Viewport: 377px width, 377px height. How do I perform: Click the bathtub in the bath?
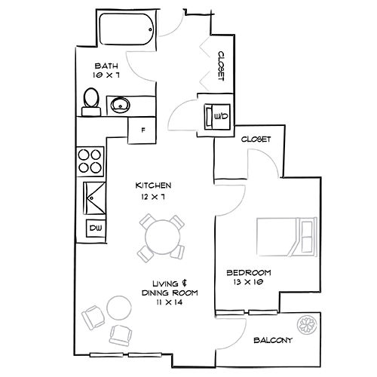click(x=125, y=29)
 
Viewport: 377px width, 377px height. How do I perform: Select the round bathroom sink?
click(x=121, y=105)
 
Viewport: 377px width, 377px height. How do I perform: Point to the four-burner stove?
click(x=90, y=160)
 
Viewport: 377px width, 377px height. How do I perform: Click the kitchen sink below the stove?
click(x=94, y=198)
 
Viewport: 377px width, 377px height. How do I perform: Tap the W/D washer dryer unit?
click(x=216, y=116)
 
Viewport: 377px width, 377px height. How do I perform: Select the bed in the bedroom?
click(x=286, y=235)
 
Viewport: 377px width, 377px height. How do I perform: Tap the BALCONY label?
click(x=272, y=341)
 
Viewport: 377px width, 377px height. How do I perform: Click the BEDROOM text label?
click(x=250, y=272)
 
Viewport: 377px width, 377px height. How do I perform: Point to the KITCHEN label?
click(x=154, y=185)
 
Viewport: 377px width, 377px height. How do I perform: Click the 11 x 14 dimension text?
click(x=170, y=302)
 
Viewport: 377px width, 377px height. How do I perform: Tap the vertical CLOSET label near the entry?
click(x=222, y=66)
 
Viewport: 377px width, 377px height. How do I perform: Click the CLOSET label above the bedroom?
click(x=256, y=139)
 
